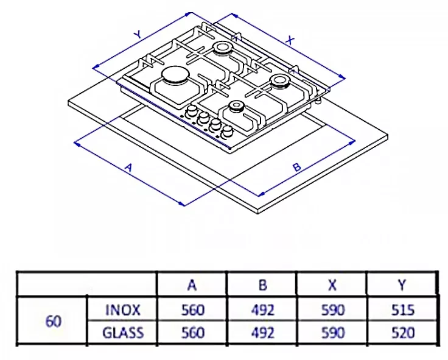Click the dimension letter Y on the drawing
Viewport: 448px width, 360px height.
click(x=138, y=35)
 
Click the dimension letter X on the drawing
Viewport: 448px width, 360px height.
click(x=290, y=40)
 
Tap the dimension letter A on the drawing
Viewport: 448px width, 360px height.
click(x=129, y=168)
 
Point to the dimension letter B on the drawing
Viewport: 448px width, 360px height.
click(x=297, y=167)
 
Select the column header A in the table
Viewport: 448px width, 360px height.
click(x=192, y=285)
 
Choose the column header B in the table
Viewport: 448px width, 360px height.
click(x=262, y=285)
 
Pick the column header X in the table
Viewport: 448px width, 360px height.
click(x=332, y=285)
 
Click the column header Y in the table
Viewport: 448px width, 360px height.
click(x=402, y=285)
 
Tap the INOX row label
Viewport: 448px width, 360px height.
click(x=123, y=310)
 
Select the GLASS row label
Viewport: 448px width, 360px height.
click(x=123, y=333)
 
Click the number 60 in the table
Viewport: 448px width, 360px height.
click(x=53, y=322)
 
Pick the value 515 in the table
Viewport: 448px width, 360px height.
click(x=402, y=310)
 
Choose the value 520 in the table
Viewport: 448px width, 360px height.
click(x=402, y=333)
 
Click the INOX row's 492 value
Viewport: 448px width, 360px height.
click(x=263, y=310)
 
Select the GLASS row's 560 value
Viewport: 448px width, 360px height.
click(x=193, y=333)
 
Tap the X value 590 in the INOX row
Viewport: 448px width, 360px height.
click(x=333, y=310)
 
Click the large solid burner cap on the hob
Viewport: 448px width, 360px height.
click(x=175, y=76)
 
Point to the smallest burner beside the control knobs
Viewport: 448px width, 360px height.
click(x=237, y=107)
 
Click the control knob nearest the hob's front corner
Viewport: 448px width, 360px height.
click(x=228, y=131)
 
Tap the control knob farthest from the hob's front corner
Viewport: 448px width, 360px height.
click(x=192, y=111)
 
